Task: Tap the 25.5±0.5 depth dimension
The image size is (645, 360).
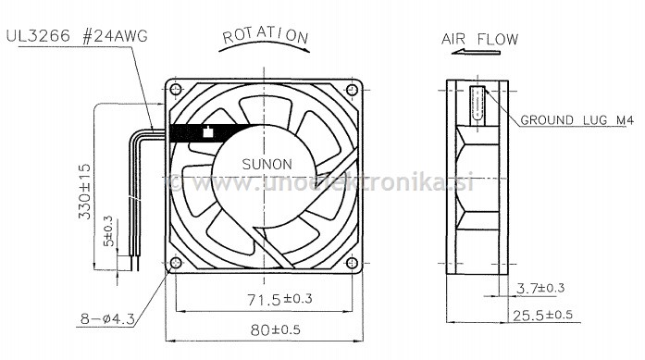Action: [x=543, y=315]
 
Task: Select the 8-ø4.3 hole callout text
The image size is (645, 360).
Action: [x=106, y=320]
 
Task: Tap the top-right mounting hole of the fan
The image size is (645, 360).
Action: [x=352, y=90]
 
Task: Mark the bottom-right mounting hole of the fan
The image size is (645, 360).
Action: [x=352, y=267]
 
